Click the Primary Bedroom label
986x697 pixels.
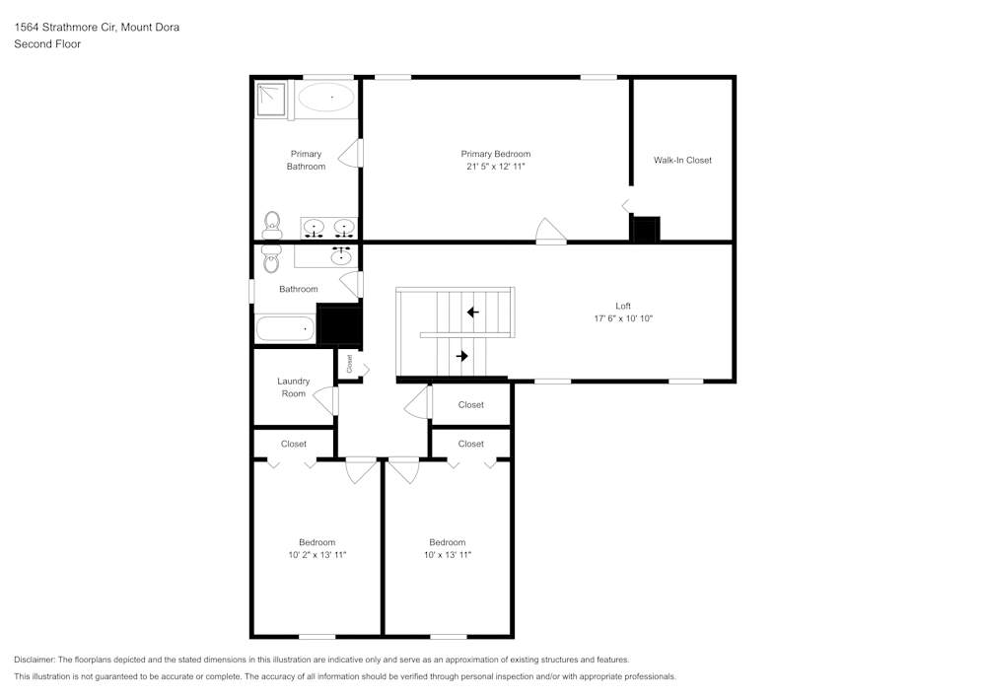(495, 154)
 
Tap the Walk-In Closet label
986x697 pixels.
(682, 160)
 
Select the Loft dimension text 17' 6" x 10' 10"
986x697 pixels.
(623, 318)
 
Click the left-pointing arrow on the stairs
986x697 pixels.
(472, 313)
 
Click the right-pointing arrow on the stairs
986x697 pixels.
(461, 356)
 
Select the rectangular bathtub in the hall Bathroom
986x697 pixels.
(285, 329)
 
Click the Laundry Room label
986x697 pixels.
(293, 387)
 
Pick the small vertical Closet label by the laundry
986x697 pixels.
(349, 364)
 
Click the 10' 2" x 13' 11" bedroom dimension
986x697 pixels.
(317, 555)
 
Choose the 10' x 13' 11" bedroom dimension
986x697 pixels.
(447, 555)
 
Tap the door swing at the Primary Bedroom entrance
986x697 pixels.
(551, 232)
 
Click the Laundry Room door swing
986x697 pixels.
(324, 399)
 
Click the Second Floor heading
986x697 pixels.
(47, 44)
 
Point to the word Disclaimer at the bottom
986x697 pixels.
(35, 660)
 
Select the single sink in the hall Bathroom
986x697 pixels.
(341, 256)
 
